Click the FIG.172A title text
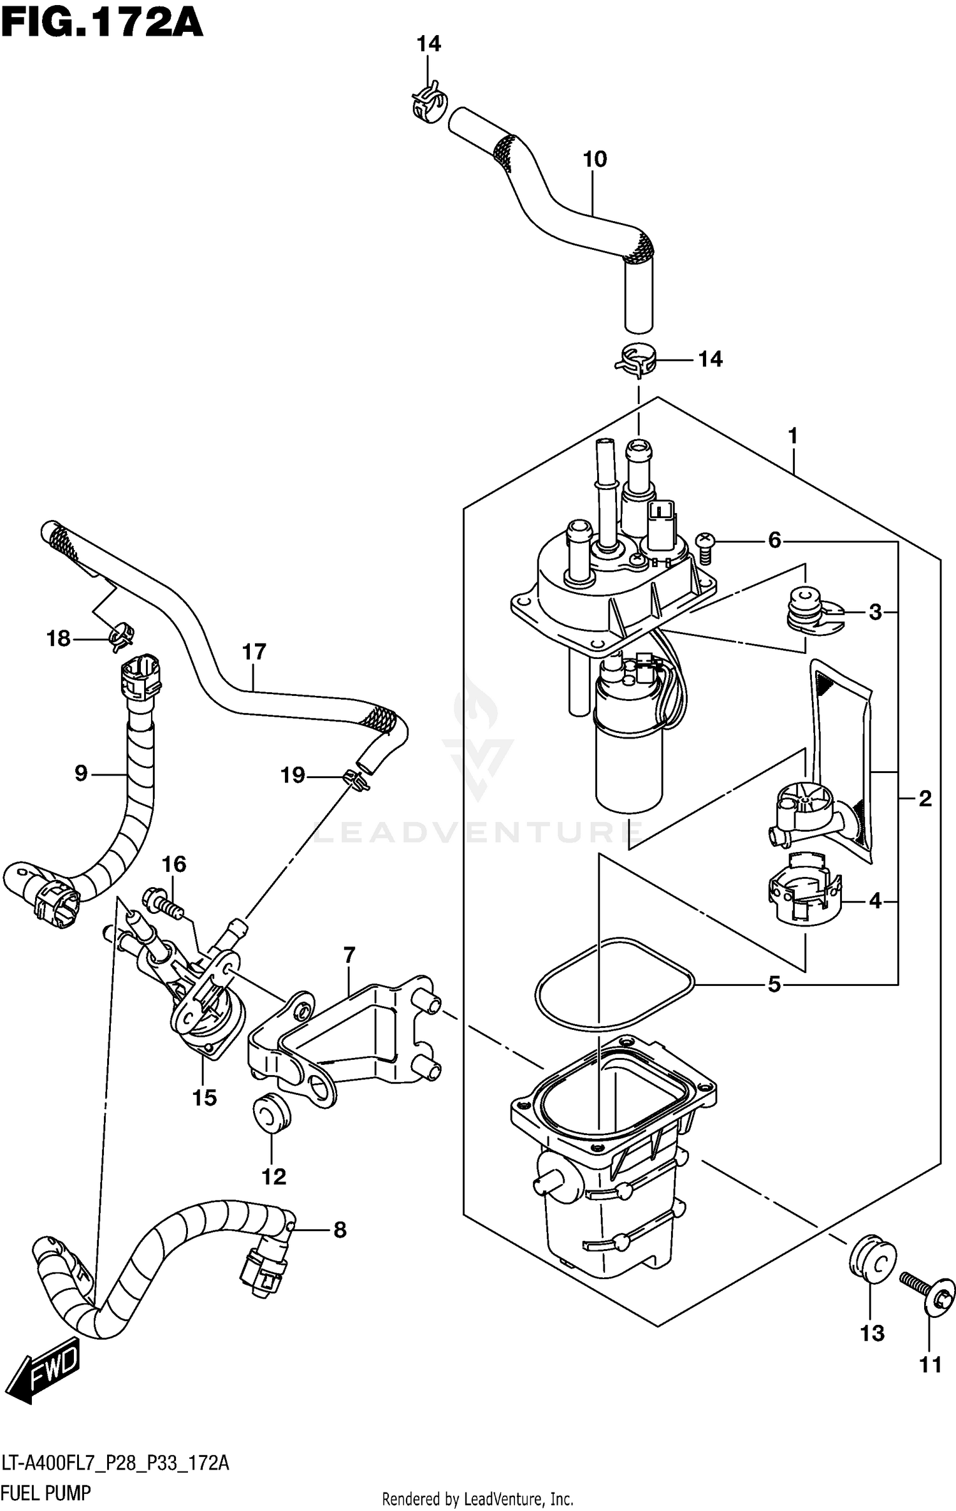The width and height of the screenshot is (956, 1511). pos(102,24)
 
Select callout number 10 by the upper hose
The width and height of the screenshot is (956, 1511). pos(595,159)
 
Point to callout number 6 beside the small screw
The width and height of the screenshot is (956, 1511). pos(774,541)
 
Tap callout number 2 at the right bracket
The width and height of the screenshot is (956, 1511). pos(925,799)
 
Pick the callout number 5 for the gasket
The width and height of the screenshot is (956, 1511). pos(774,985)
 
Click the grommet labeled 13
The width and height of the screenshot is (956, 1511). pos(871,1259)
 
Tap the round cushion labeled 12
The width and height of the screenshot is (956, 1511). pos(272,1113)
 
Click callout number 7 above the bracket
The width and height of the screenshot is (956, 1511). pos(349,956)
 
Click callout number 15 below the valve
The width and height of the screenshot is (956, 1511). pos(205,1097)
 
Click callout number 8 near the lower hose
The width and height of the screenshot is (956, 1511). pos(340,1230)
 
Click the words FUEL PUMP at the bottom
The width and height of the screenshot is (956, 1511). pos(46,1493)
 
